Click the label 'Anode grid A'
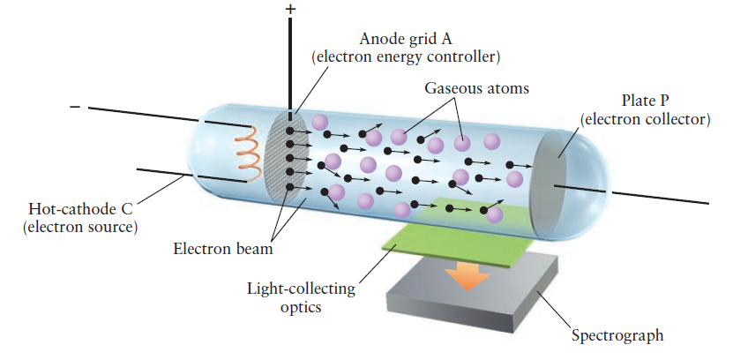407,39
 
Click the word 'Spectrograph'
617,335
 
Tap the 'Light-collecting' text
301,289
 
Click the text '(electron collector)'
645,119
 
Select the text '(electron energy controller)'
407,57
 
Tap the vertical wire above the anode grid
291,62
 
